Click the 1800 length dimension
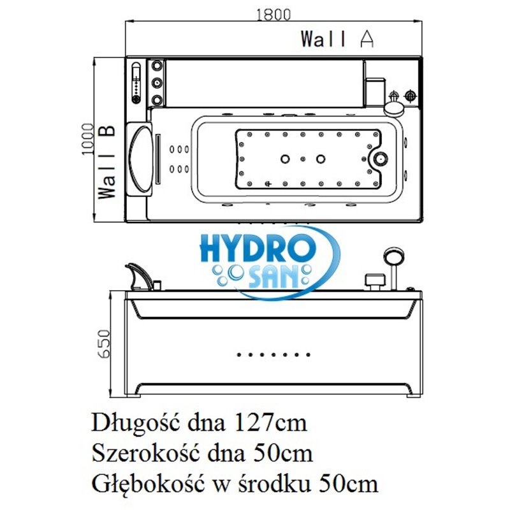(273, 14)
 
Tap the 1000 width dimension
(87, 139)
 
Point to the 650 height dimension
(104, 344)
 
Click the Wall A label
(337, 39)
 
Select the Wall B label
(107, 162)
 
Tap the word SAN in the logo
(273, 277)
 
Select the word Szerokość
(145, 453)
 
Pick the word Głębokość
(148, 484)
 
